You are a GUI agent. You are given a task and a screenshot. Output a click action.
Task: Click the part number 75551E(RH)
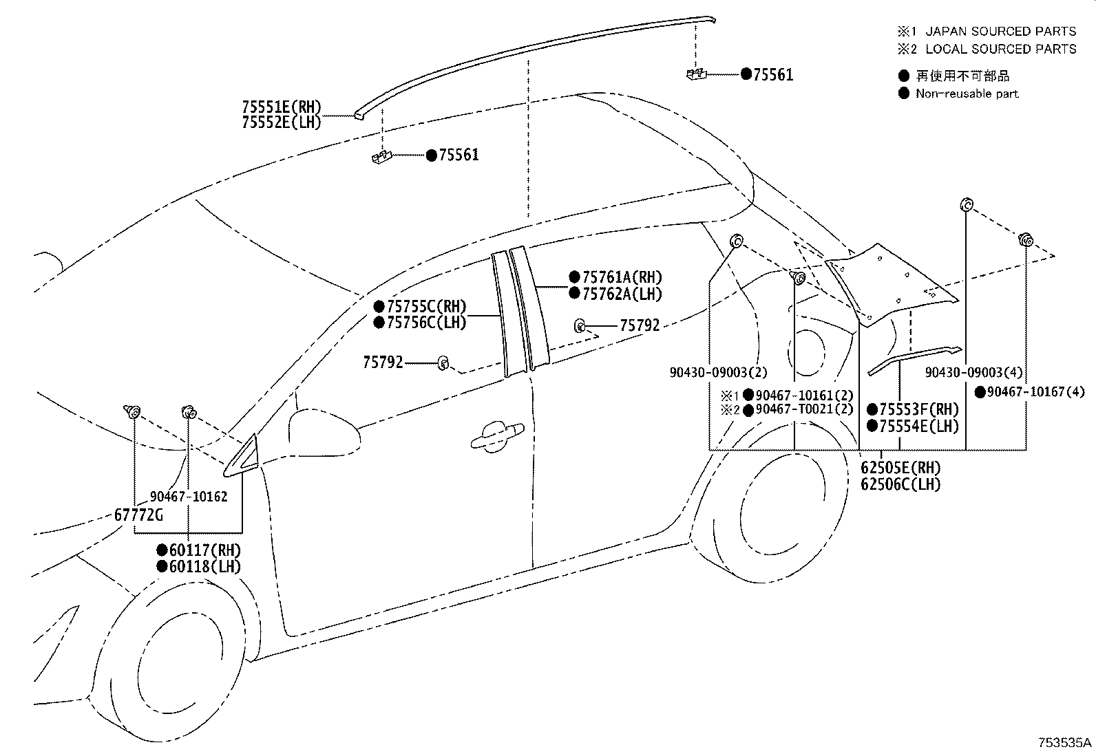(x=282, y=107)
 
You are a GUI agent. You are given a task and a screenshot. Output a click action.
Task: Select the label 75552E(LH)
(x=282, y=122)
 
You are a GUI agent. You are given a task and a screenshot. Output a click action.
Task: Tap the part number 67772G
(x=138, y=515)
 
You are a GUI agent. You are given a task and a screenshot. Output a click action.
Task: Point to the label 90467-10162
(x=189, y=497)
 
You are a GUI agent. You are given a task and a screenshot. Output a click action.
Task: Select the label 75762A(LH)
(x=622, y=294)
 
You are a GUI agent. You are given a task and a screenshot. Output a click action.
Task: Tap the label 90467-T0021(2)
(x=804, y=409)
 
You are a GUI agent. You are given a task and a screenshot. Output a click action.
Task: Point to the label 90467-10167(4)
(x=1035, y=392)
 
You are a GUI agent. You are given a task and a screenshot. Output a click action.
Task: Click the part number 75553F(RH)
(x=918, y=409)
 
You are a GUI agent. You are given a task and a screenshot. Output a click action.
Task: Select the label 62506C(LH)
(x=900, y=484)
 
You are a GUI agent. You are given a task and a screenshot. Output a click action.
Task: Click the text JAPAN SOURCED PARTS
(x=1000, y=31)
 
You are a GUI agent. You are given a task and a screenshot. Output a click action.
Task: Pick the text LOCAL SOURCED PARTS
(x=1000, y=49)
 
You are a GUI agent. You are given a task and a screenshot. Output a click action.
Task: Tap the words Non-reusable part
(x=967, y=94)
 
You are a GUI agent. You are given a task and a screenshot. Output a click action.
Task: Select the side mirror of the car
(x=324, y=430)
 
